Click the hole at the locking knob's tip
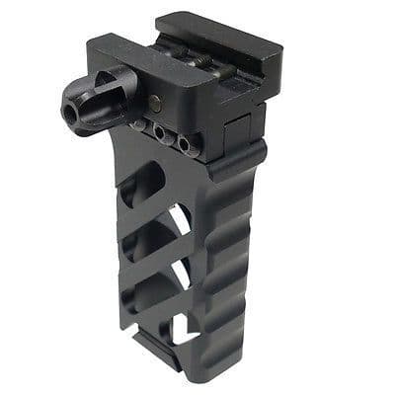pyautogui.click(x=71, y=114)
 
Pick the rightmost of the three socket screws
pyautogui.click(x=185, y=144)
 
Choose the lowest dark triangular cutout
pyautogui.click(x=150, y=292)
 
